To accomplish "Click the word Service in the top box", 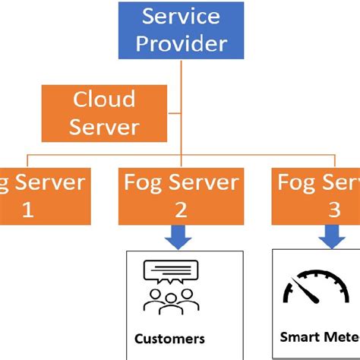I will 181,15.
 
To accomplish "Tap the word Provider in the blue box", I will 181,43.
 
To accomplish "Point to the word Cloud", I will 103,99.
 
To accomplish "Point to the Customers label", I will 169,338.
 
